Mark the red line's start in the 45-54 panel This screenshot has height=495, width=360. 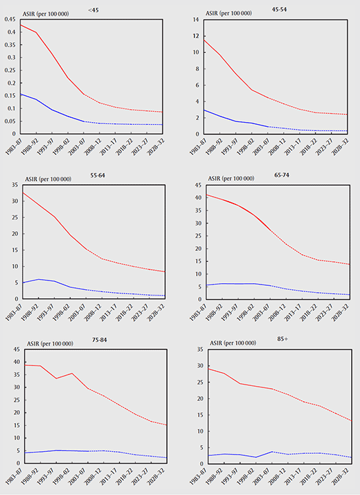(202, 40)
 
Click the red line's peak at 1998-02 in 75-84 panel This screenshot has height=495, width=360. (72, 373)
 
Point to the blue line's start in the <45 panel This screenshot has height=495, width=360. (21, 94)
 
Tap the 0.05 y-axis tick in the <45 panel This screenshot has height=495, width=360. (10, 121)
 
